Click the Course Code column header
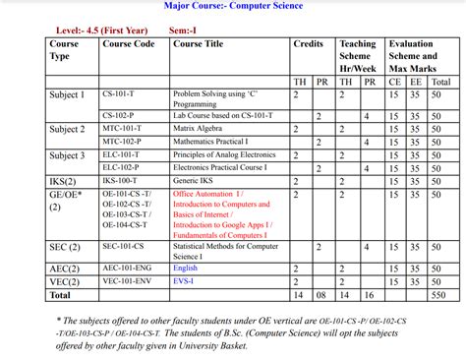tap(129, 44)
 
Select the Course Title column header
tap(198, 44)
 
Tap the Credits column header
tap(308, 44)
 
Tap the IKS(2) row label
tap(64, 181)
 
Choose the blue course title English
tap(185, 268)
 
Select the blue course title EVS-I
tap(183, 280)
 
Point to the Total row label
tap(61, 294)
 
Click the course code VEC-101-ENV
tap(128, 280)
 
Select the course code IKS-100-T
tap(122, 181)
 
